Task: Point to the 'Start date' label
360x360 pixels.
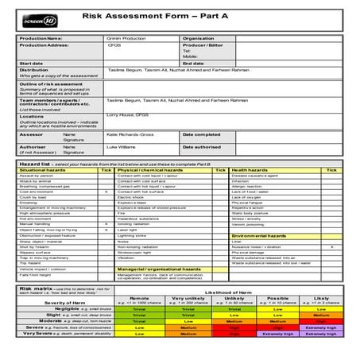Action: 32,63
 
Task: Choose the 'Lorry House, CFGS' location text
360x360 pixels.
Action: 127,116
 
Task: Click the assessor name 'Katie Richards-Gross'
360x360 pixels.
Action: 129,134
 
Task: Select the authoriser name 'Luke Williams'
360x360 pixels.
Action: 122,147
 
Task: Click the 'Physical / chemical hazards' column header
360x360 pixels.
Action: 150,170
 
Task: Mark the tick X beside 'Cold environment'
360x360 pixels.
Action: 106,192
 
